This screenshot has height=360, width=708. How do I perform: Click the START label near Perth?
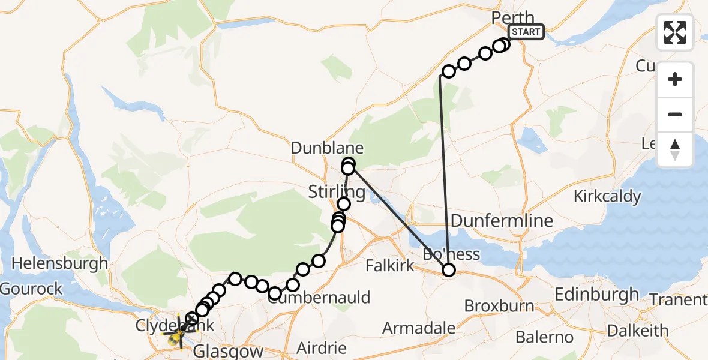coord(526,32)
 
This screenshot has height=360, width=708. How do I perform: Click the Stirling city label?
coord(337,193)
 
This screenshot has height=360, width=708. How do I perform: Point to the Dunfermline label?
coord(493,221)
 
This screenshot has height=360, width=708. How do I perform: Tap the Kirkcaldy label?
coord(607,196)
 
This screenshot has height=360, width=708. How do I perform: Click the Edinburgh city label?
coord(597,295)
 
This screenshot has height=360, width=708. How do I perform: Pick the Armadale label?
coord(419,329)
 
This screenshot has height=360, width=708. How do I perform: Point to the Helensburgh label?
coord(60,263)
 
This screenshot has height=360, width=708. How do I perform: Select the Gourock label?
coord(31,289)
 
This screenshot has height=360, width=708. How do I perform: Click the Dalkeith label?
coord(638,331)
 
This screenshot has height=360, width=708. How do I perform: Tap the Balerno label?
coord(544,337)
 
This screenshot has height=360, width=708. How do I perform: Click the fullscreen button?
coord(675,32)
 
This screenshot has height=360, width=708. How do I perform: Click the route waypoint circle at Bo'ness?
coord(449,271)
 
